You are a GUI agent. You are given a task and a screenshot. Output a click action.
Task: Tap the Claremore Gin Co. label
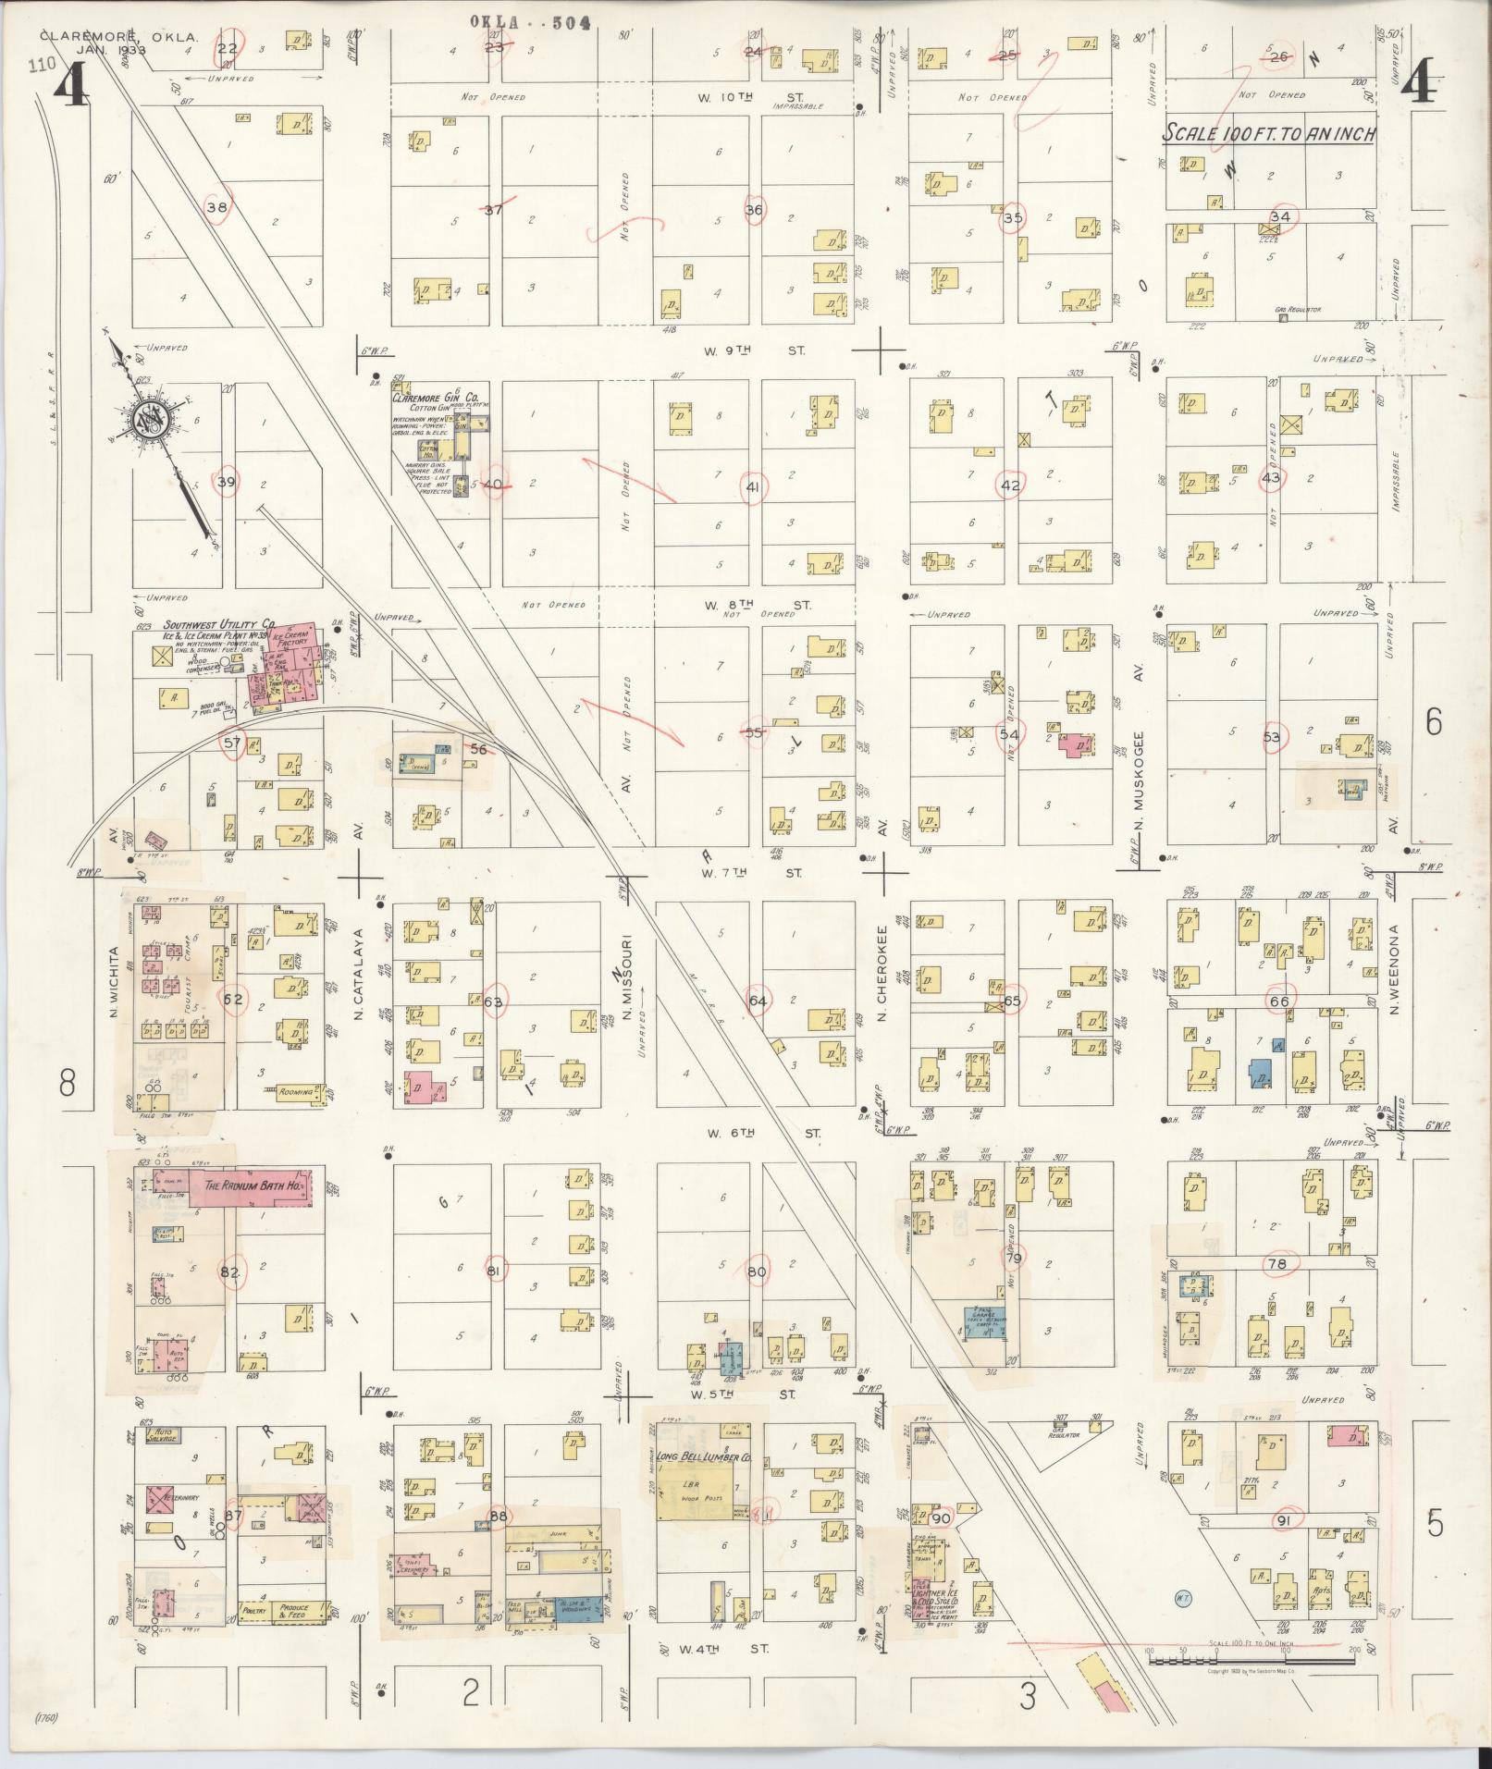[435, 398]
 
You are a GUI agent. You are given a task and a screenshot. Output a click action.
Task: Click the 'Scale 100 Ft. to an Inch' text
[1269, 134]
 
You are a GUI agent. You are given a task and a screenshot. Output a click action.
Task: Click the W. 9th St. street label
[755, 351]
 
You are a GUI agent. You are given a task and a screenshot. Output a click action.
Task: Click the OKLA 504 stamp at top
[529, 22]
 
